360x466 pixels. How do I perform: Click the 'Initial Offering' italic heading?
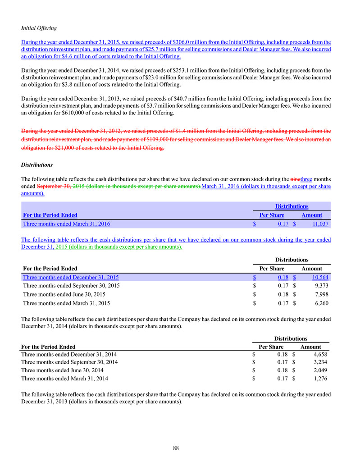pyautogui.click(x=39, y=27)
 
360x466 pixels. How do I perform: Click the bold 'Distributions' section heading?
pyautogui.click(x=37, y=165)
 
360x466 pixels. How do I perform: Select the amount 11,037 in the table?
pyautogui.click(x=318, y=224)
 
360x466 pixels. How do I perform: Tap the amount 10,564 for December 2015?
pyautogui.click(x=318, y=277)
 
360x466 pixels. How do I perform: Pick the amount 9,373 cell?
pyautogui.click(x=320, y=286)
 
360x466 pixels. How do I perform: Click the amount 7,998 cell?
pyautogui.click(x=320, y=294)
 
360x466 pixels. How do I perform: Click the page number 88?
pyautogui.click(x=176, y=448)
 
